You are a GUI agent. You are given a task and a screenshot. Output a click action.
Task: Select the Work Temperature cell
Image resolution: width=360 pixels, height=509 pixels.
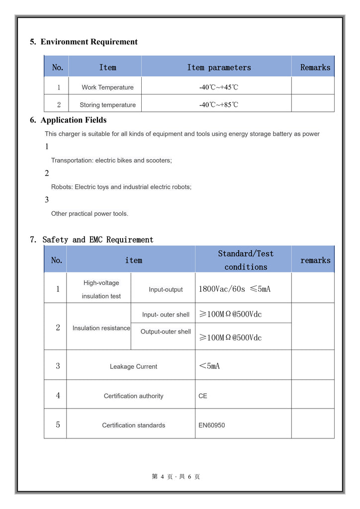[107, 87]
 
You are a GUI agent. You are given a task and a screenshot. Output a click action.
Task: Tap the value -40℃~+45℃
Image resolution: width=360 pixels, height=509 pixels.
[219, 87]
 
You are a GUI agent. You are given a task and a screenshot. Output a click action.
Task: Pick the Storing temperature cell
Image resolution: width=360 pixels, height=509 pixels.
[107, 105]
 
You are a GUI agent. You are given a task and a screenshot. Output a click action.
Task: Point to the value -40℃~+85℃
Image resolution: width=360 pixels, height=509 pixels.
[219, 105]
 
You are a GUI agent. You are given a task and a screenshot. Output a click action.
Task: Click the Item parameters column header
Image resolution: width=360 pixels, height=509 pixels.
[219, 68]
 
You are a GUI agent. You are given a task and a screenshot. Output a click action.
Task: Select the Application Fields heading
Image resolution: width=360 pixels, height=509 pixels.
[73, 120]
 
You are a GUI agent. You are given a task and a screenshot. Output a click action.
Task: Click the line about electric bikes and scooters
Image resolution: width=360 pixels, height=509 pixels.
[111, 161]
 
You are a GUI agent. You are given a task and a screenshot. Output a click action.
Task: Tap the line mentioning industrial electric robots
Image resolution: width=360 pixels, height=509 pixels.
[121, 187]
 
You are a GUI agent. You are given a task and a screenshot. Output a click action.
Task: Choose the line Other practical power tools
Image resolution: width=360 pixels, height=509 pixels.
[90, 214]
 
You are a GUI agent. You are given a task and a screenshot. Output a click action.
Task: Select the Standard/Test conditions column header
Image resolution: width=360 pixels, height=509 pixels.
[246, 260]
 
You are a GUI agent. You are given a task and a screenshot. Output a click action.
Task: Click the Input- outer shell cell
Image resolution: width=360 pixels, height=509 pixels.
[166, 315]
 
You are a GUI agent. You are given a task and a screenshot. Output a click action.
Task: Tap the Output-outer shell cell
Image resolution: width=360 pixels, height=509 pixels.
[166, 332]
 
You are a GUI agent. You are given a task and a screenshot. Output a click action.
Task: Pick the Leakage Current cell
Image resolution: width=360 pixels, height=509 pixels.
[133, 366]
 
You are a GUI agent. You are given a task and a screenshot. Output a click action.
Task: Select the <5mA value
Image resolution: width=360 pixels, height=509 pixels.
[209, 366]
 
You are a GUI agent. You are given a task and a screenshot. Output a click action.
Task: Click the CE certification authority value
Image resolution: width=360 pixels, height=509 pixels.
[203, 396]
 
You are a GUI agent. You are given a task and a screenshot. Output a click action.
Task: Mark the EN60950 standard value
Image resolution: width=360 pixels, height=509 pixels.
[211, 425]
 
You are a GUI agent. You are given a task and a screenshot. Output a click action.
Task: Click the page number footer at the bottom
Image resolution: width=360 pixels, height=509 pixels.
[176, 477]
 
